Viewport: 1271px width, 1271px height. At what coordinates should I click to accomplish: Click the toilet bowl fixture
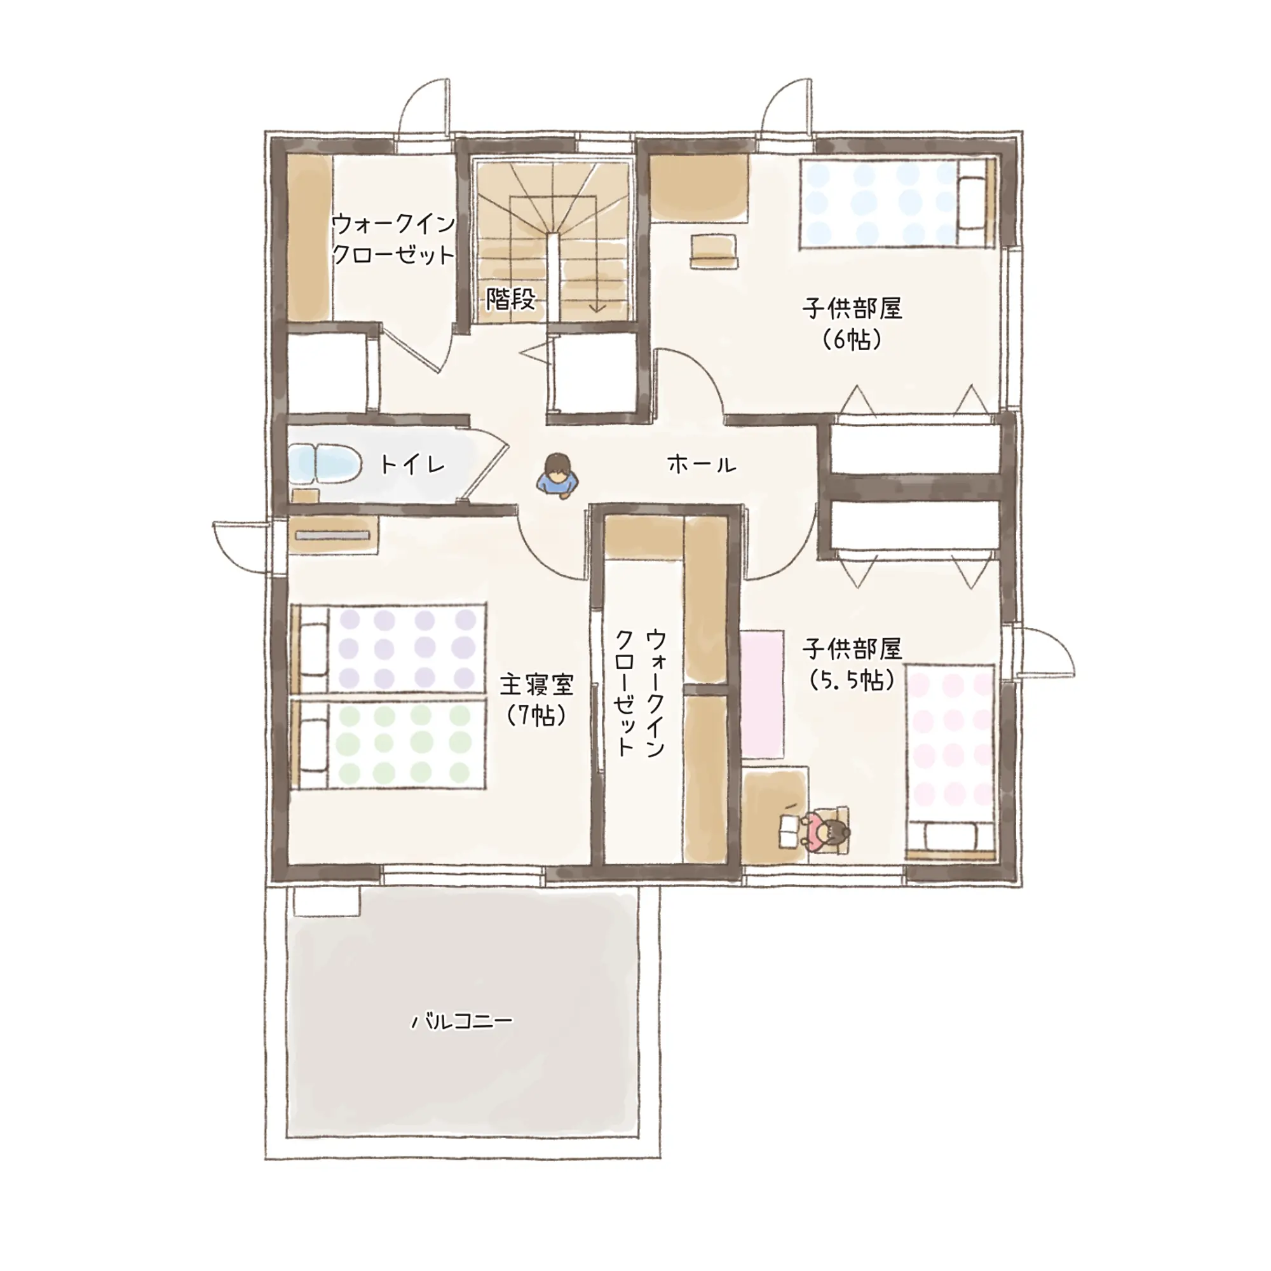click(324, 463)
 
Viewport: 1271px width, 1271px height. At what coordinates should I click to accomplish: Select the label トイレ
click(412, 465)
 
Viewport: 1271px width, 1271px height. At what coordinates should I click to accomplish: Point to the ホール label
click(702, 465)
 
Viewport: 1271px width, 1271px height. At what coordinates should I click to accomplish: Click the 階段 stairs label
click(510, 299)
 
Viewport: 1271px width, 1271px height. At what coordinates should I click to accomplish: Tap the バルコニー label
click(462, 1022)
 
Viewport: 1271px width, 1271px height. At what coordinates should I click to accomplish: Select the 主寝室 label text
click(537, 685)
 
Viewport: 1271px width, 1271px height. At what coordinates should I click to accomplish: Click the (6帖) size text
click(852, 339)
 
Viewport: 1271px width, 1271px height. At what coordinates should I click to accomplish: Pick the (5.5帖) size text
click(852, 679)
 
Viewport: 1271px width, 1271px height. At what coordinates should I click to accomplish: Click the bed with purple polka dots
click(388, 648)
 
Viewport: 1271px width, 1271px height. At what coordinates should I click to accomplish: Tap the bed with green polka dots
click(388, 744)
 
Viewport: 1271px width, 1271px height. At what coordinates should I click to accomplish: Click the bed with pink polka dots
click(950, 763)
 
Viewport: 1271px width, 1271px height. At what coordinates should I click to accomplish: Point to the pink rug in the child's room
click(763, 694)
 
